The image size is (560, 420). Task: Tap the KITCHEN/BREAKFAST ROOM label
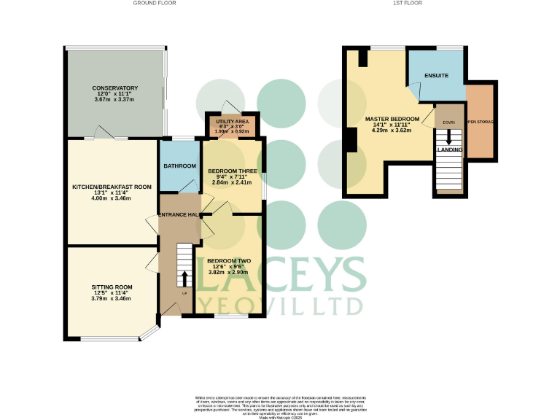112,187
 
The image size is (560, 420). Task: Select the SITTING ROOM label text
112,287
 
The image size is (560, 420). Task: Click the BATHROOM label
179,166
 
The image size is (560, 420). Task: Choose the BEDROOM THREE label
231,171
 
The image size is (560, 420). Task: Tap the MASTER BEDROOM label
392,119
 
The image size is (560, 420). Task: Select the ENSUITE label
436,76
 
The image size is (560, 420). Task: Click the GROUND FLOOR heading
154,4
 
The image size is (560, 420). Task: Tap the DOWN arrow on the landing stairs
449,136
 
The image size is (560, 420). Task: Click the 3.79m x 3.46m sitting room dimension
112,300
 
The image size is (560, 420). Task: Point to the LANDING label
449,149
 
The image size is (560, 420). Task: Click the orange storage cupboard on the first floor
481,122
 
